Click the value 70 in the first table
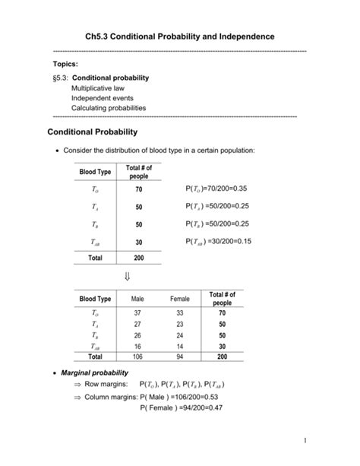coord(139,189)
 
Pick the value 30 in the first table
coord(139,242)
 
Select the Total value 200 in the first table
coord(139,258)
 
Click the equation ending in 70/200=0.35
coord(216,189)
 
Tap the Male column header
coord(137,300)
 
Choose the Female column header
coord(180,300)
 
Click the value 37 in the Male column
coord(137,312)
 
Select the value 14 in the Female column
coord(180,345)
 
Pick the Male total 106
coord(137,356)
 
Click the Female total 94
coord(180,356)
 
